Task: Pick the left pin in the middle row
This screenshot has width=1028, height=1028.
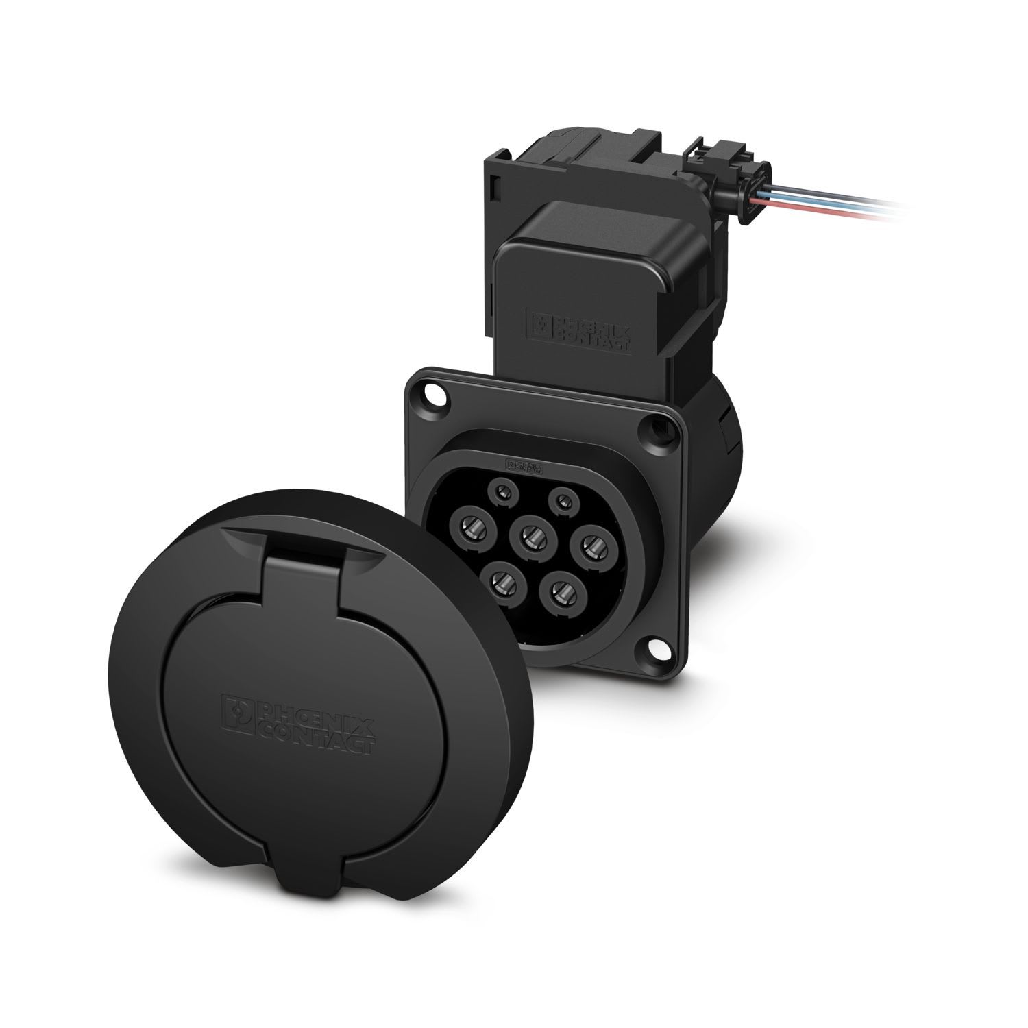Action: click(473, 527)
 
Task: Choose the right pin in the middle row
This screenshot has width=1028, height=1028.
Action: click(591, 546)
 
